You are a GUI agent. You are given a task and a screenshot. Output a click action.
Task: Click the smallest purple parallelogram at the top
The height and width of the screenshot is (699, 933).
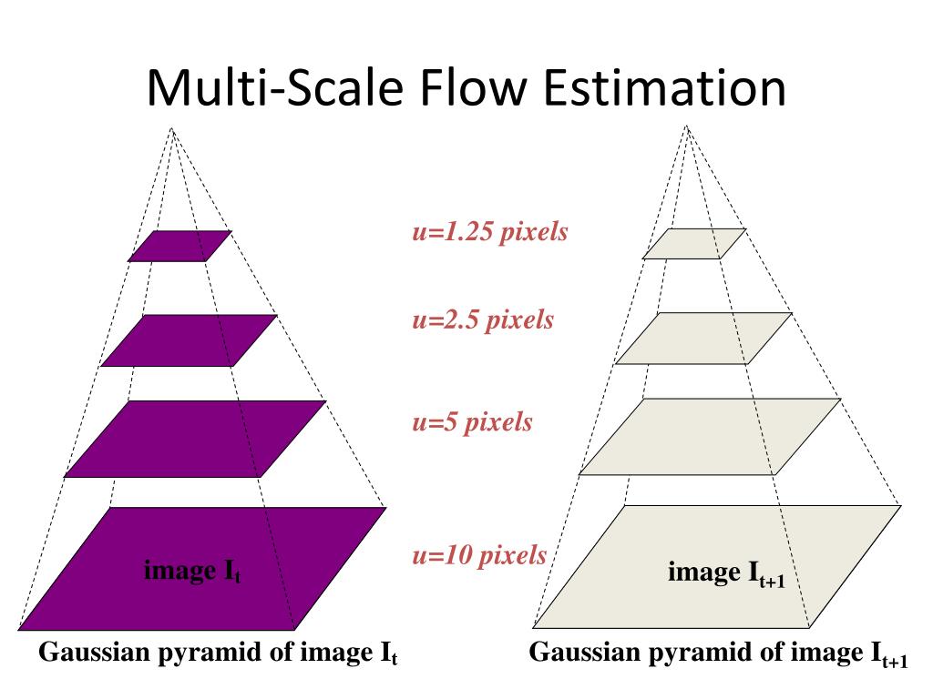(179, 246)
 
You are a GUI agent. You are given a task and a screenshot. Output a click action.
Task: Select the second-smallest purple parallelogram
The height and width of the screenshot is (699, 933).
(189, 340)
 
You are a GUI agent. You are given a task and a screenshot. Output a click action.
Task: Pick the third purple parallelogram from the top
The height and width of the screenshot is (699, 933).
(195, 439)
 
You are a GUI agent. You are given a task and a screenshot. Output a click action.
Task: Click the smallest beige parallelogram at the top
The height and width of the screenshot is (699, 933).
(694, 244)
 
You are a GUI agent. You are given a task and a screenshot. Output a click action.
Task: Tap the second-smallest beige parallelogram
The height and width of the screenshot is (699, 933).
(702, 339)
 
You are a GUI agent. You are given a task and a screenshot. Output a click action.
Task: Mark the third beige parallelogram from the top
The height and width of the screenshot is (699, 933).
(710, 437)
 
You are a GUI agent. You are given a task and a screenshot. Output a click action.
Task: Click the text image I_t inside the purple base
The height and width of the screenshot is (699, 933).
(192, 572)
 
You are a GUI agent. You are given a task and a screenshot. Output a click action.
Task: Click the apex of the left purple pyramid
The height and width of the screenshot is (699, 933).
(171, 128)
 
